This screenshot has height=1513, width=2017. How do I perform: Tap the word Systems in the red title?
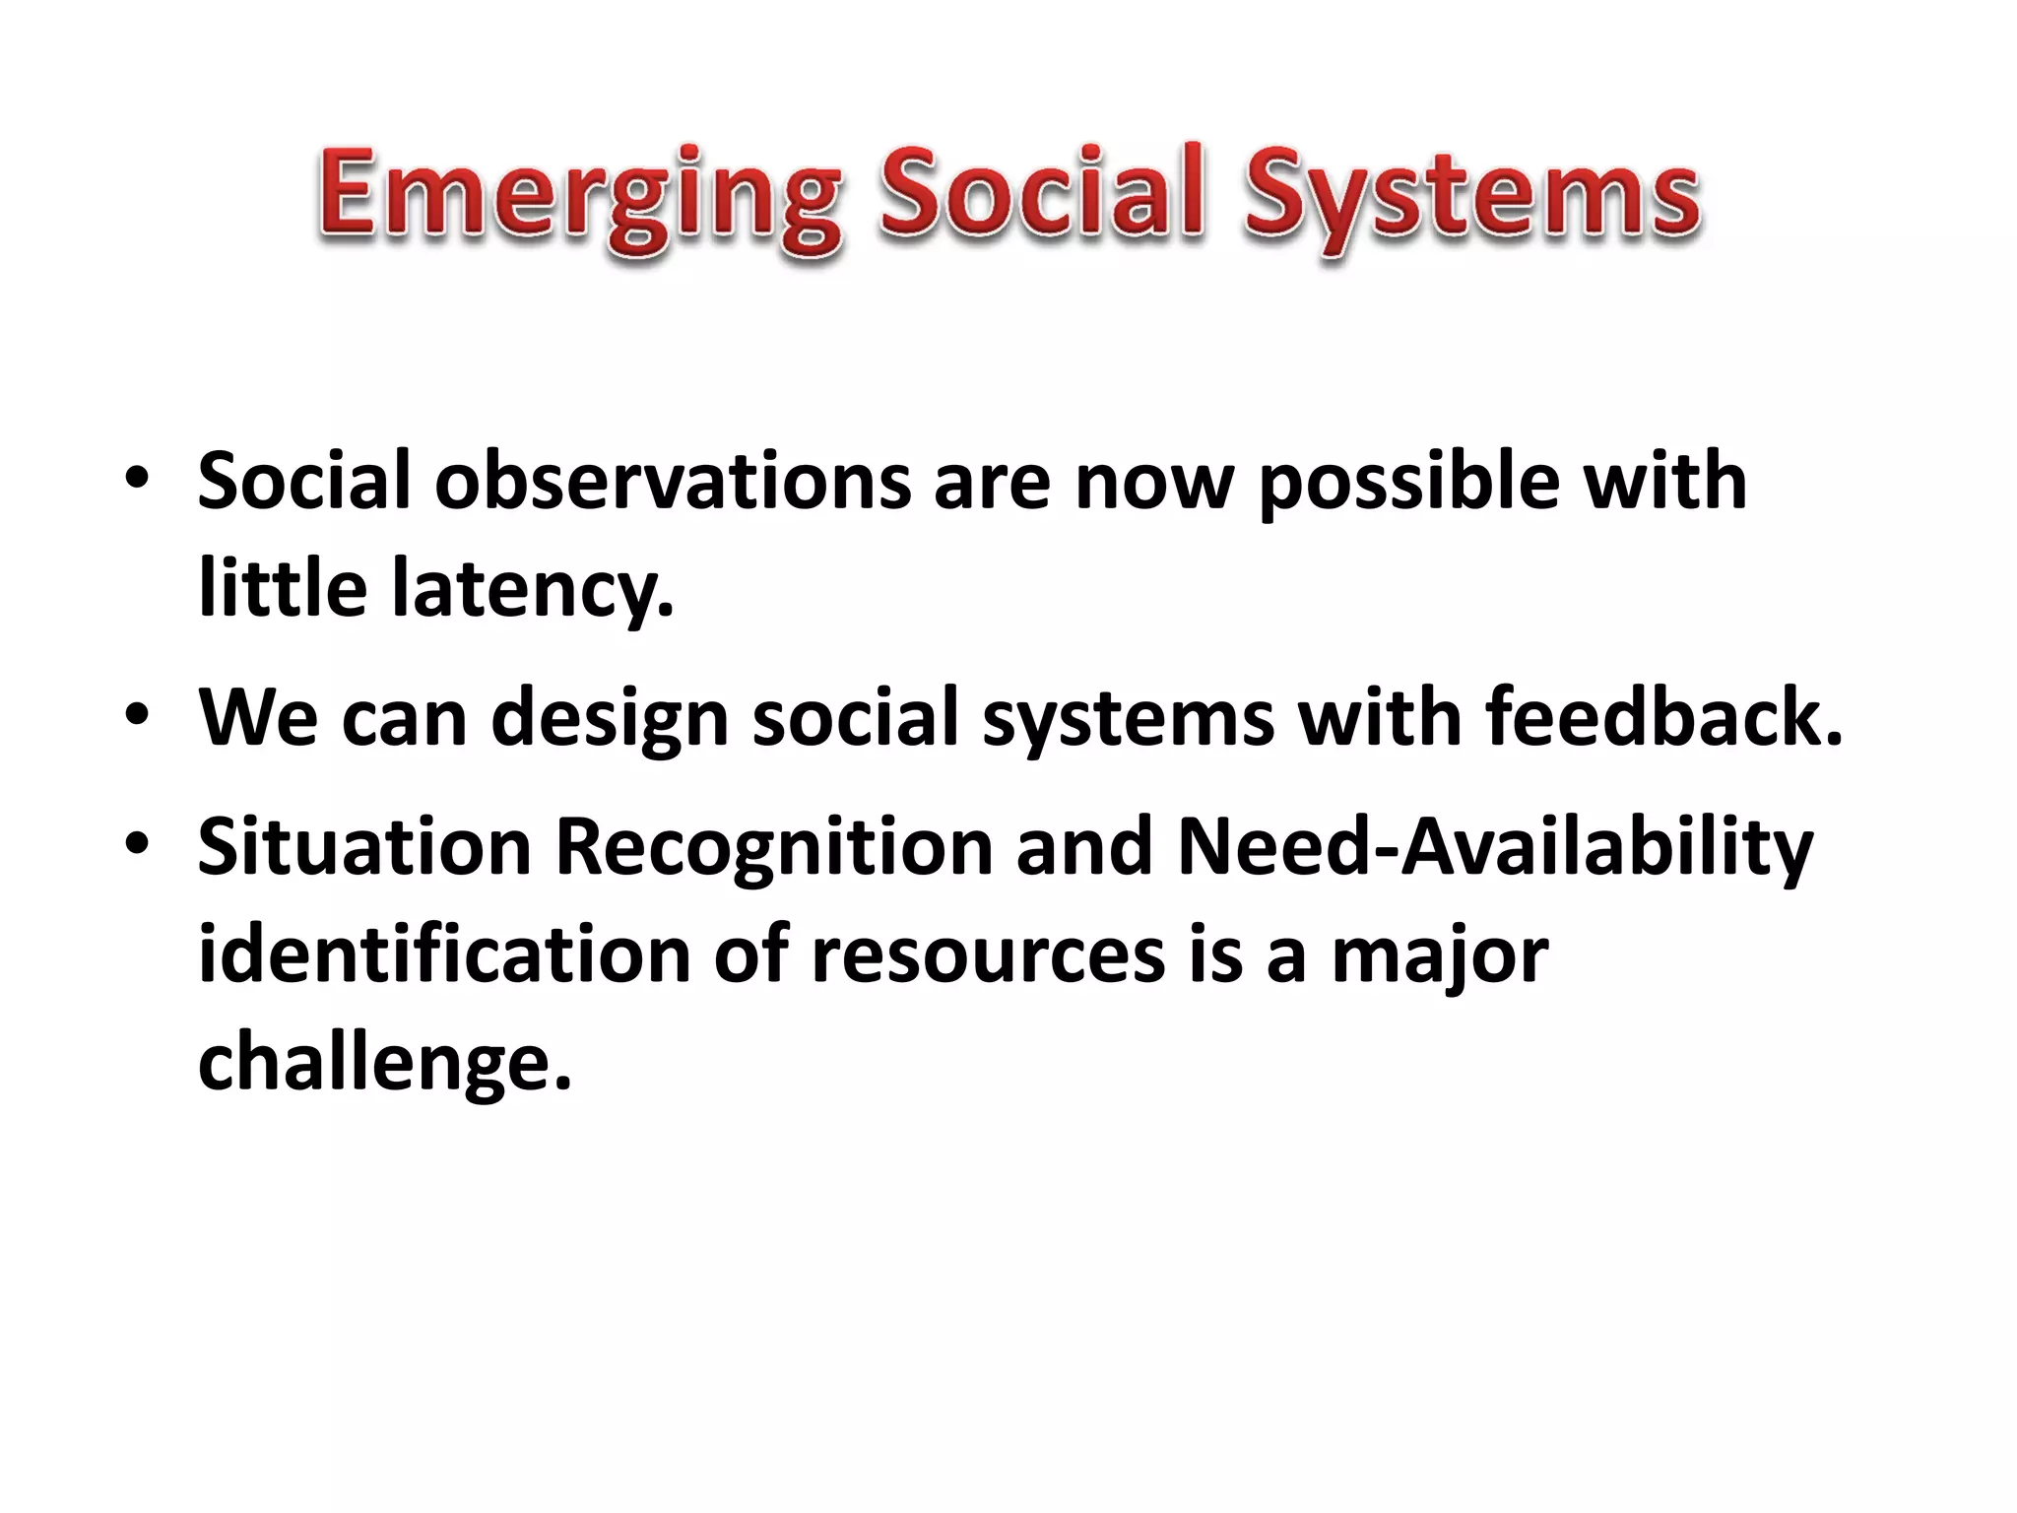point(1471,197)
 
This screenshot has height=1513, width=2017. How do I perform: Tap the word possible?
point(1409,483)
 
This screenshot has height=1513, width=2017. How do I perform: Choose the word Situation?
point(364,846)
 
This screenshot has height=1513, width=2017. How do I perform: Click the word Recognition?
point(774,848)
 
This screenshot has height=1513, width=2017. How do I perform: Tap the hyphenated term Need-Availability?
point(1494,848)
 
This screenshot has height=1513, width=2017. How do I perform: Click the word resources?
point(988,955)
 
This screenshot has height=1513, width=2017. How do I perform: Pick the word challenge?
point(384,1063)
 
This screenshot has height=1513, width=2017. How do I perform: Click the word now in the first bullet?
point(1153,483)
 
